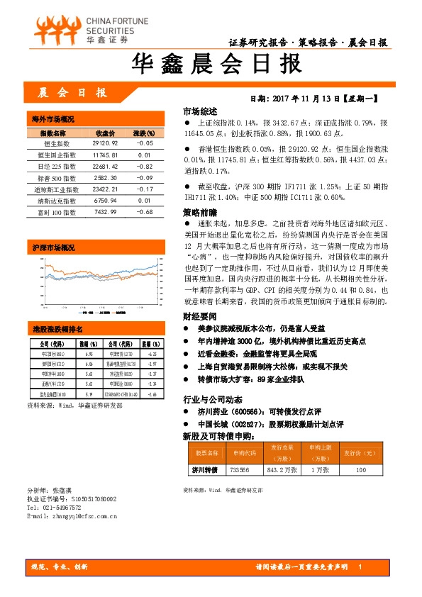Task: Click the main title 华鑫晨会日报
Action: point(211,66)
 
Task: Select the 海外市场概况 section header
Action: point(53,118)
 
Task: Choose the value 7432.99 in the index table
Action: point(105,212)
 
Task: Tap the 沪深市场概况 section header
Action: point(53,248)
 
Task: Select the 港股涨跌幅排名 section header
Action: point(57,330)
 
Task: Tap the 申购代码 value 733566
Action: point(240,469)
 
